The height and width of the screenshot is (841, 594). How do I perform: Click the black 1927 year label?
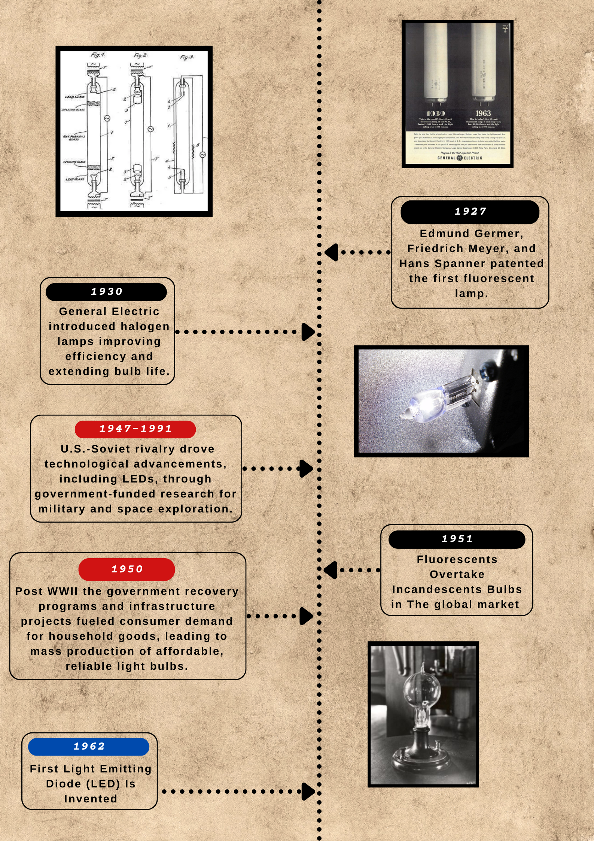(x=470, y=212)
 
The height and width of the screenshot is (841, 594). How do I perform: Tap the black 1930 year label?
(x=106, y=292)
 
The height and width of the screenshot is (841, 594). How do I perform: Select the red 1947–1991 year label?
(x=135, y=429)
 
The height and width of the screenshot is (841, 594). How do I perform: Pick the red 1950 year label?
(x=127, y=569)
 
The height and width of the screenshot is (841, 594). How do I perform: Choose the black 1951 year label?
(x=457, y=539)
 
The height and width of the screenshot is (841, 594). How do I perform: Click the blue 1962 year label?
(x=89, y=747)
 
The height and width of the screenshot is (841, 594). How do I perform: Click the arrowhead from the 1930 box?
(x=308, y=332)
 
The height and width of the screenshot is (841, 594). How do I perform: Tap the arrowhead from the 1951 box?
(x=330, y=570)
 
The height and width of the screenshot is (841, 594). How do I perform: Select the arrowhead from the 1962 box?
(x=308, y=792)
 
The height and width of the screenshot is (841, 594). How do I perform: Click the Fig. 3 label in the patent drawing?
(x=186, y=57)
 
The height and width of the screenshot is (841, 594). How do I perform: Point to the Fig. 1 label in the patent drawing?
(x=98, y=55)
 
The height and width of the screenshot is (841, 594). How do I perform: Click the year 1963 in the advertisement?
(x=483, y=113)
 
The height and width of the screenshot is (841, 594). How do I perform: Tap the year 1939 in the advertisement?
(x=436, y=113)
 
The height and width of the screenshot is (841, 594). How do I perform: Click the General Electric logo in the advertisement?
(x=460, y=158)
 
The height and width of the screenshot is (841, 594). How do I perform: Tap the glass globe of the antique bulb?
(x=422, y=689)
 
